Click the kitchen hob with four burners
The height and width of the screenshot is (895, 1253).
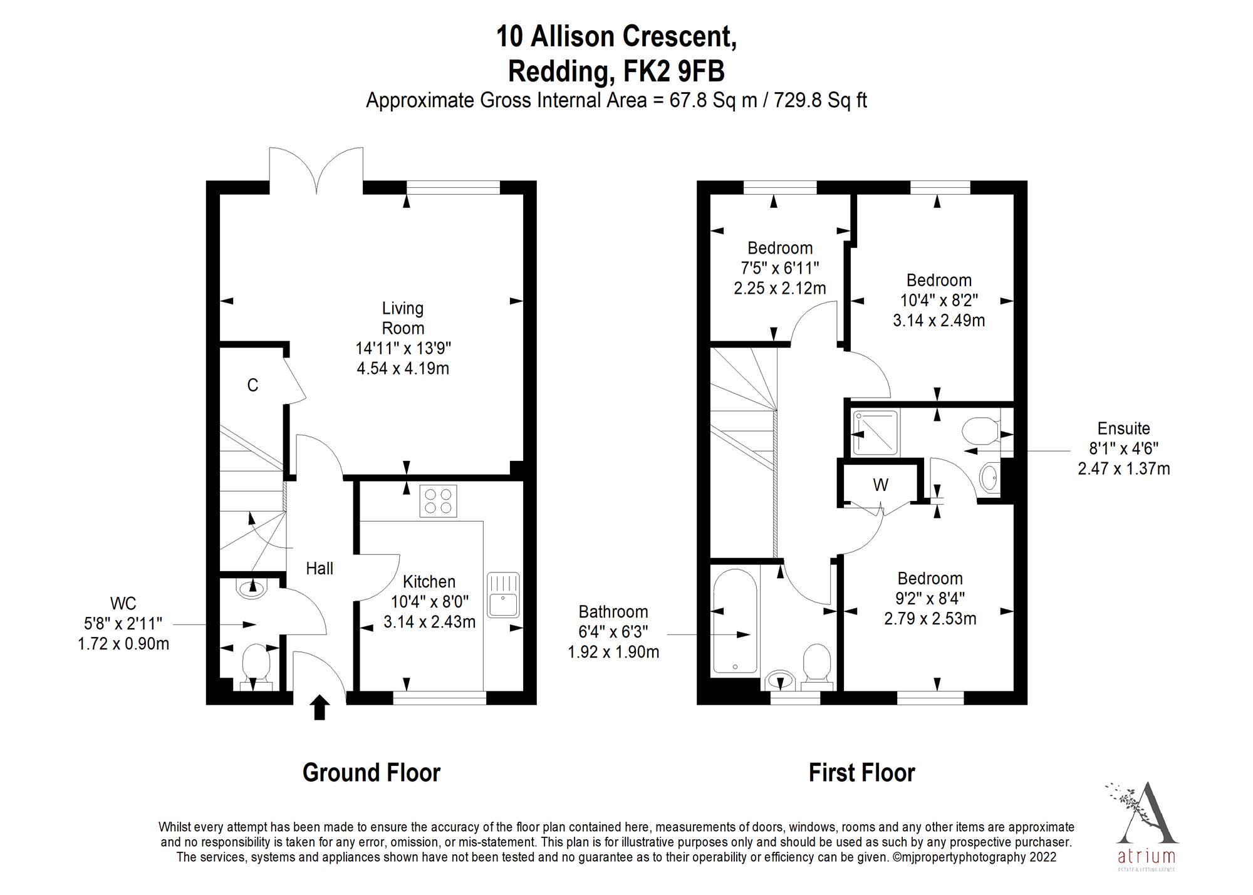tap(438, 501)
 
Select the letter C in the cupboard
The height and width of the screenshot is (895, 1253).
tap(252, 385)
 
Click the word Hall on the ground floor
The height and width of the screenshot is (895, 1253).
tap(320, 569)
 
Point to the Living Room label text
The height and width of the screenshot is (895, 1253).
tap(403, 318)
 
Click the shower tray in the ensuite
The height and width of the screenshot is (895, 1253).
tap(875, 433)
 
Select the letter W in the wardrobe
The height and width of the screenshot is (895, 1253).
tap(880, 485)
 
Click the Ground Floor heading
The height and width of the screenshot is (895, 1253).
tap(372, 773)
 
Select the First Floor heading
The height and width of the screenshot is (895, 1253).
tap(861, 773)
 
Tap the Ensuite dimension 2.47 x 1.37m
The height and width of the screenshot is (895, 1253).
tap(1123, 468)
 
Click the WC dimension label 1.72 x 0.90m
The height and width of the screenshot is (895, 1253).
tap(123, 644)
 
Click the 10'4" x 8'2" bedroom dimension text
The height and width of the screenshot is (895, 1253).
tap(938, 300)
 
